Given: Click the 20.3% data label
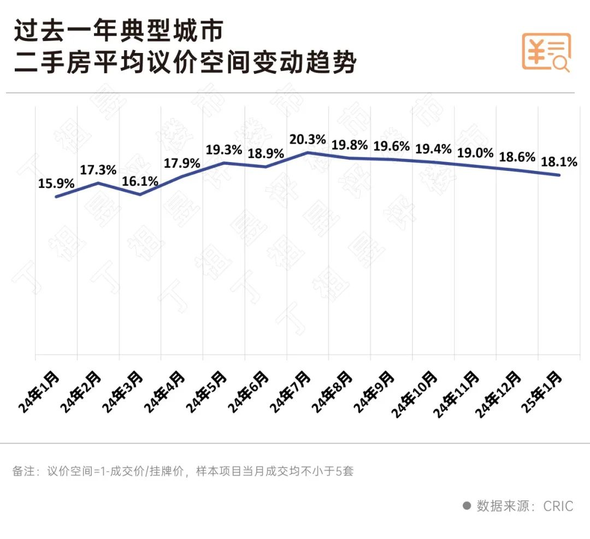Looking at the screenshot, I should (308, 140).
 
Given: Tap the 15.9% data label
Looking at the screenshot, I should (56, 184).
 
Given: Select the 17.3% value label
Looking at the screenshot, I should (98, 170).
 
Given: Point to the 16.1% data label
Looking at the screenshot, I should (140, 181).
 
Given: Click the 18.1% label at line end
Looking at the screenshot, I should (559, 162).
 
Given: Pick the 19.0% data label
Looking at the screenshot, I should (475, 152).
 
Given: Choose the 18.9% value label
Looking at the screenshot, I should (265, 153).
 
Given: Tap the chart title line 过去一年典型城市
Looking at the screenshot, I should (119, 31).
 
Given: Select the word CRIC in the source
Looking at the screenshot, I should (558, 506).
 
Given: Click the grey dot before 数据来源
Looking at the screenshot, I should (467, 506).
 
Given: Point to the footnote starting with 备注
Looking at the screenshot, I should (183, 471).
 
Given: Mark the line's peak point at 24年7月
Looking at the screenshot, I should (308, 152).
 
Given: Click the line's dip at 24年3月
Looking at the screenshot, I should (140, 194).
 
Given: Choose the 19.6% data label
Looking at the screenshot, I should (391, 147).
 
